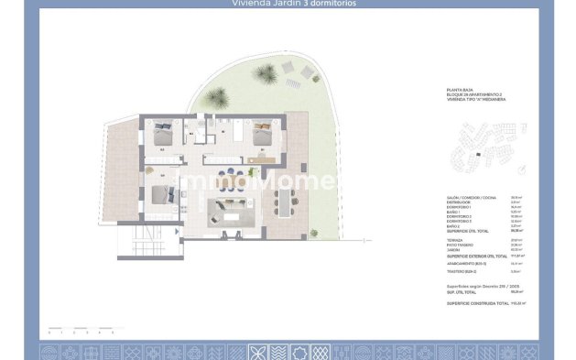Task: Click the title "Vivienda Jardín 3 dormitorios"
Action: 288,4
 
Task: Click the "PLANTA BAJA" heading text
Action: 457,90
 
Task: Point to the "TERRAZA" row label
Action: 453,240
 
